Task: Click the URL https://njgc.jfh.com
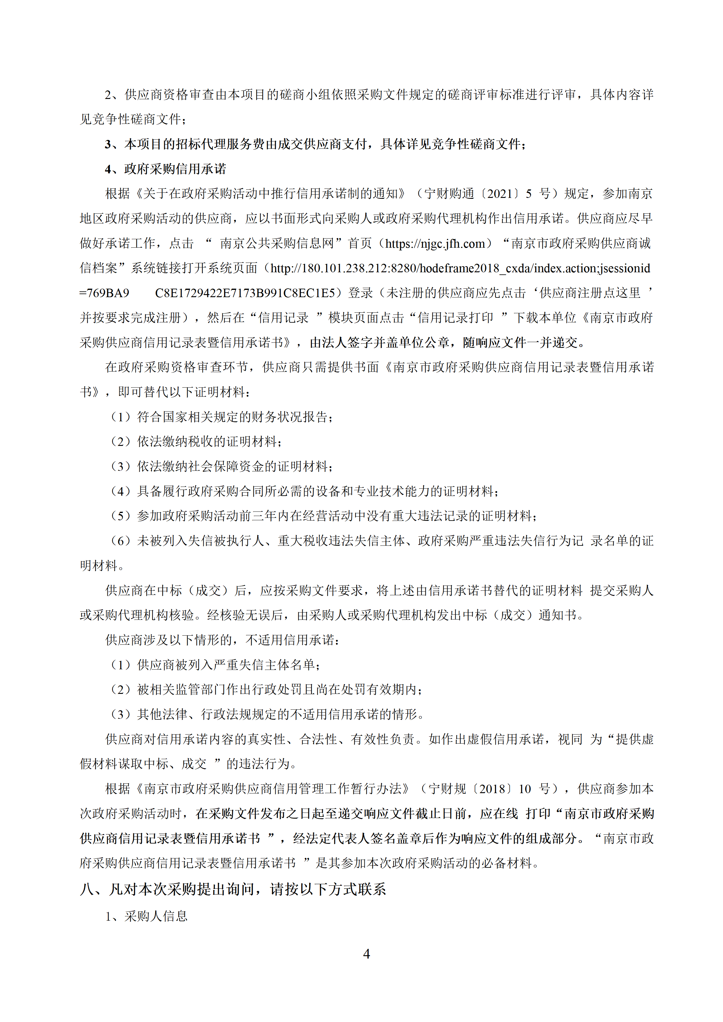pos(435,243)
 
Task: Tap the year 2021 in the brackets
pos(500,194)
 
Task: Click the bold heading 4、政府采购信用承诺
pos(165,169)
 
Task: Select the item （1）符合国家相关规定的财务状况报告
pos(221,417)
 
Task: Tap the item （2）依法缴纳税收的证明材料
pos(196,442)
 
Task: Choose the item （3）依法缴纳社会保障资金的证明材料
pos(221,467)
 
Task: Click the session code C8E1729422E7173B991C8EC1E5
pos(245,293)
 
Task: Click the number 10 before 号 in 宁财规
pos(525,789)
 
